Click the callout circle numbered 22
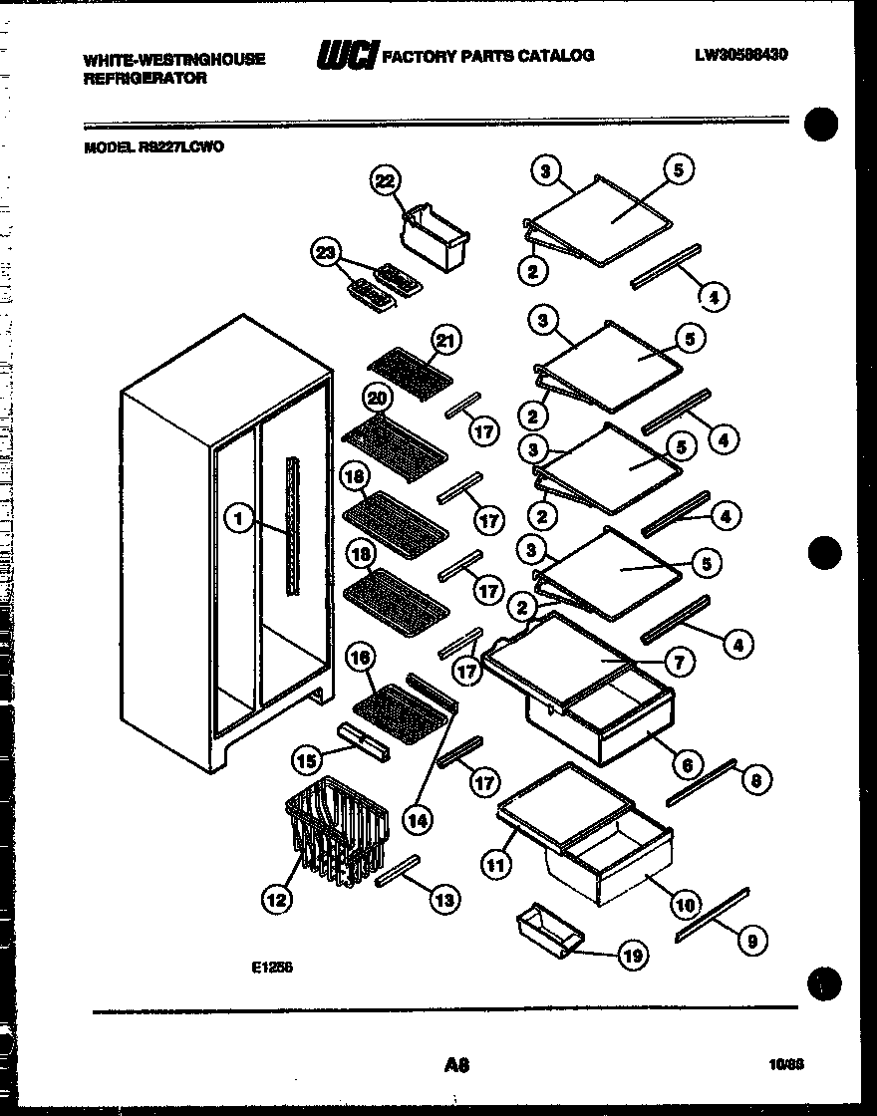(x=385, y=180)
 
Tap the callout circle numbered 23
(x=324, y=253)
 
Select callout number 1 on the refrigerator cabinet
(x=237, y=518)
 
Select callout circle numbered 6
(x=685, y=765)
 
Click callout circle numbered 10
(x=683, y=905)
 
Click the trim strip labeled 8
(x=702, y=779)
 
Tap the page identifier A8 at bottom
(x=457, y=1065)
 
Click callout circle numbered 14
(x=420, y=819)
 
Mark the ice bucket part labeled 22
(x=435, y=236)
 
